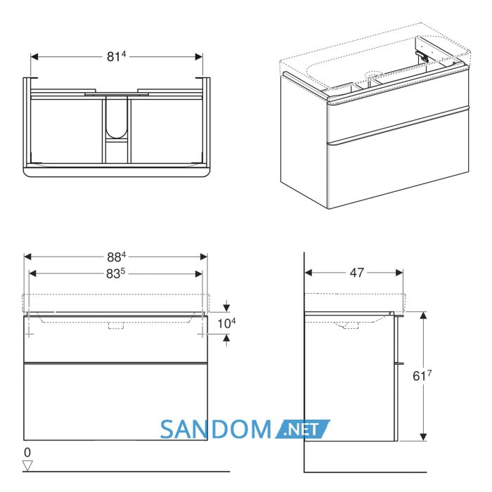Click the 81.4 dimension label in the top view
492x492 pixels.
click(x=117, y=56)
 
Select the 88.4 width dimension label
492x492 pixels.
click(x=117, y=257)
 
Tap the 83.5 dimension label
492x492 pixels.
click(x=115, y=273)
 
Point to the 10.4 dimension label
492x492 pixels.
click(x=226, y=323)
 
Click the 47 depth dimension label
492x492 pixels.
click(x=357, y=273)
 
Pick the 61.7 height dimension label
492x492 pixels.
click(x=422, y=375)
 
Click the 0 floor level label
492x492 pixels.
click(x=27, y=452)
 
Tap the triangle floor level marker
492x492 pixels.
click(x=27, y=465)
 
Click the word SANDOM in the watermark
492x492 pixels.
click(x=216, y=429)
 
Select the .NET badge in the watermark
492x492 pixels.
click(x=302, y=429)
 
